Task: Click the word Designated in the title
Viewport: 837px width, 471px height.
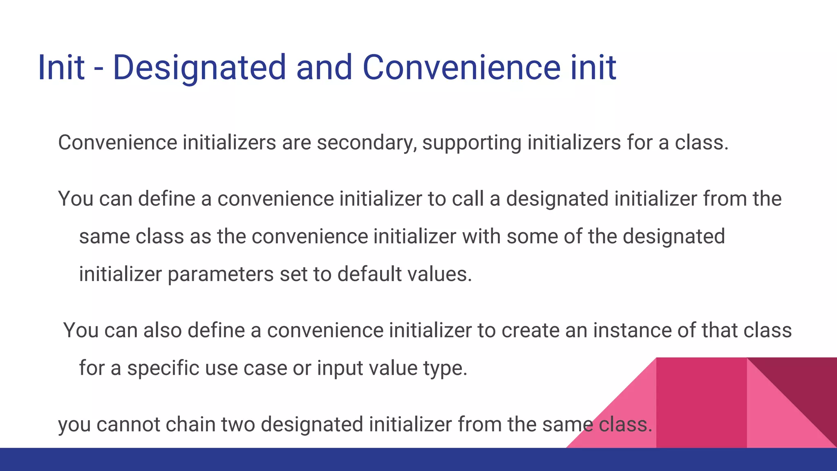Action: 199,67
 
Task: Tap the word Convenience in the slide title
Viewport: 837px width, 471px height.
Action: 461,67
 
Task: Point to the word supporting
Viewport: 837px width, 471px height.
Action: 472,143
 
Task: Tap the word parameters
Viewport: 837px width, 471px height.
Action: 221,274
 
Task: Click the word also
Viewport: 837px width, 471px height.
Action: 162,330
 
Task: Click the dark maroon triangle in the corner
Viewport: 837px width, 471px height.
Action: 807,384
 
